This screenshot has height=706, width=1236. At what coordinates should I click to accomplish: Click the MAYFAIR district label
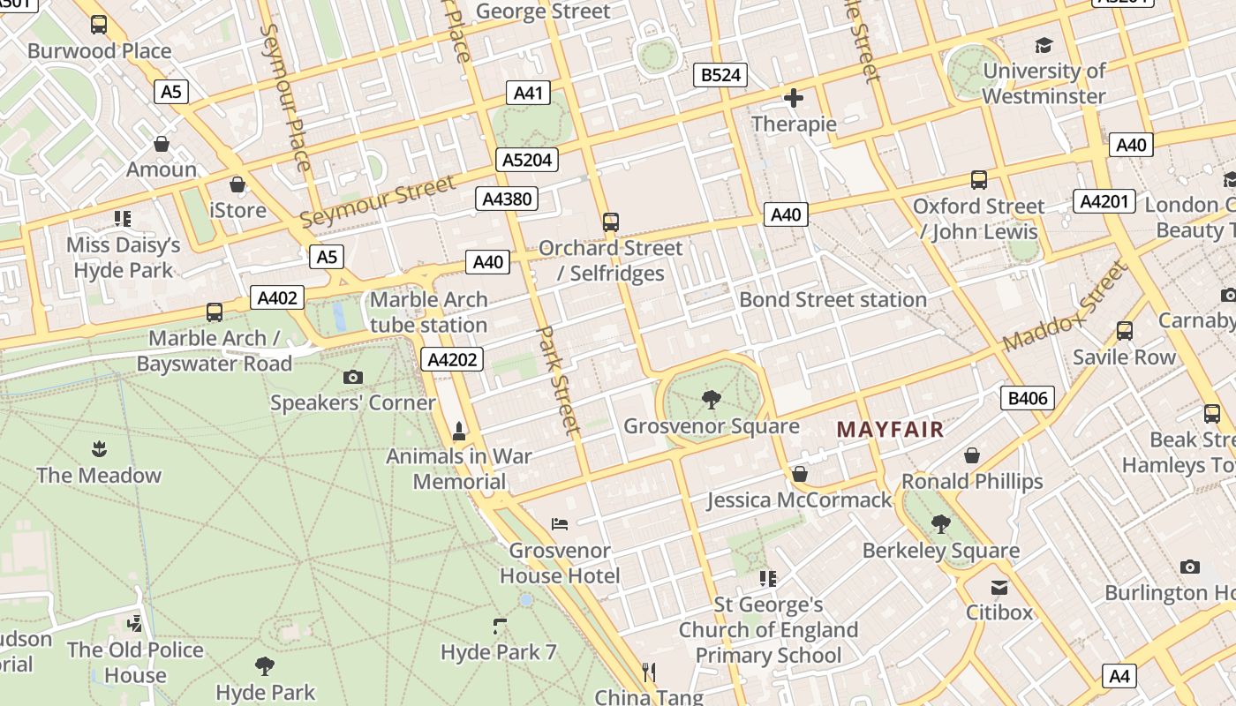point(890,430)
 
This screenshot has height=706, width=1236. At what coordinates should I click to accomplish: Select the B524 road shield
point(720,75)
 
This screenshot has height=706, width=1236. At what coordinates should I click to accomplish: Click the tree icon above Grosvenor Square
point(711,401)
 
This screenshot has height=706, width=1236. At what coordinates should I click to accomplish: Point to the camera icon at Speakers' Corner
point(353,378)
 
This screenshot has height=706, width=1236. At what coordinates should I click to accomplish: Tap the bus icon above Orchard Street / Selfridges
point(610,222)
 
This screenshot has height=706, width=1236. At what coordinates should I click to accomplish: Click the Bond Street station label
point(833,300)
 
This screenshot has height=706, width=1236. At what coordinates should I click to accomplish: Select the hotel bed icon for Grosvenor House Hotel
point(560,524)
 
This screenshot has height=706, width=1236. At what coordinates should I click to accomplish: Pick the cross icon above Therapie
point(793,98)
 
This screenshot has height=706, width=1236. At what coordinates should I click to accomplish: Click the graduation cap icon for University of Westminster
point(1044,45)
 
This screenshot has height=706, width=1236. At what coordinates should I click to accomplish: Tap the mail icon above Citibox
point(999,587)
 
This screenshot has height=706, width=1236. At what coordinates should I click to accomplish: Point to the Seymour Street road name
point(378,201)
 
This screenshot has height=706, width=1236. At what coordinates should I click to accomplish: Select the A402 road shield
point(277,298)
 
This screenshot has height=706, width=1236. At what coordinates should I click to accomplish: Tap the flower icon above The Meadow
point(99,449)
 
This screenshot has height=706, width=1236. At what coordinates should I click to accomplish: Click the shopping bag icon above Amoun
point(162,144)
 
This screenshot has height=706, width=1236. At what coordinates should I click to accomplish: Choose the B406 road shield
point(1028,398)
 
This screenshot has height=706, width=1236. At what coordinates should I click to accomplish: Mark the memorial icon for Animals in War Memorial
point(459,432)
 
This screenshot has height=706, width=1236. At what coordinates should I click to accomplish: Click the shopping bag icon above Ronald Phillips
point(971,455)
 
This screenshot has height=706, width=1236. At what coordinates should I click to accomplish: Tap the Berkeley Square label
point(940,551)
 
